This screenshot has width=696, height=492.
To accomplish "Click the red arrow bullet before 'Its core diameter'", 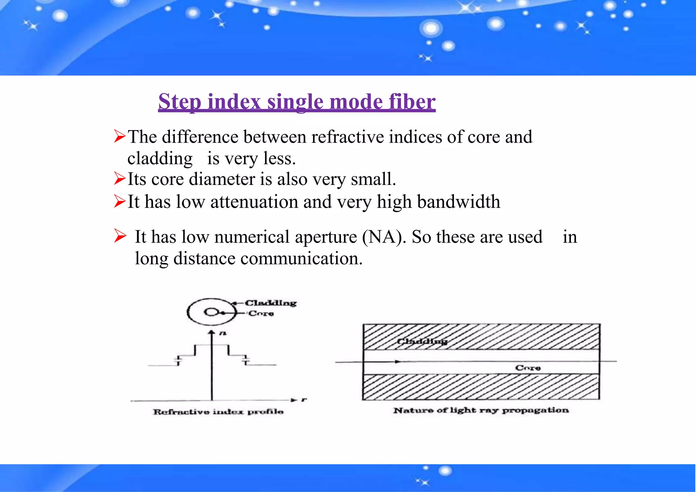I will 120,178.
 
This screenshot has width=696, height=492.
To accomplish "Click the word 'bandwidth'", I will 458,201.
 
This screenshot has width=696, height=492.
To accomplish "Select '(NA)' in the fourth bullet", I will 384,237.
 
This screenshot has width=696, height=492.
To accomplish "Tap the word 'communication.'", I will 301,259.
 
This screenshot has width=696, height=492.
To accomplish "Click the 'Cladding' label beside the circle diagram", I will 271,303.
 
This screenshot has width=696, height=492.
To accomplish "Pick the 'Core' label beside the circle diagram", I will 261,313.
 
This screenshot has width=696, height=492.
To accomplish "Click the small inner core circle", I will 210,312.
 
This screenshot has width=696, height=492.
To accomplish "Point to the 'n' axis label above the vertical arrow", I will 222,334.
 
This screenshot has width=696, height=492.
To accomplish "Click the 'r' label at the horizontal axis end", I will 304,400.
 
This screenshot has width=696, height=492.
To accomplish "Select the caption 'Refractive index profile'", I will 218,412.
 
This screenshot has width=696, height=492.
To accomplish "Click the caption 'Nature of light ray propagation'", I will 481,410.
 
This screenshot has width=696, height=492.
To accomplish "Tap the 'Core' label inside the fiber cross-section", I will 527,368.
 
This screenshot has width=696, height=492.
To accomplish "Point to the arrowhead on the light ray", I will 398,362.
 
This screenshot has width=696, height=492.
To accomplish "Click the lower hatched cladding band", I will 481,387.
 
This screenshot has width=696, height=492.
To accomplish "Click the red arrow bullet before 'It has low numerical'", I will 120,235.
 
